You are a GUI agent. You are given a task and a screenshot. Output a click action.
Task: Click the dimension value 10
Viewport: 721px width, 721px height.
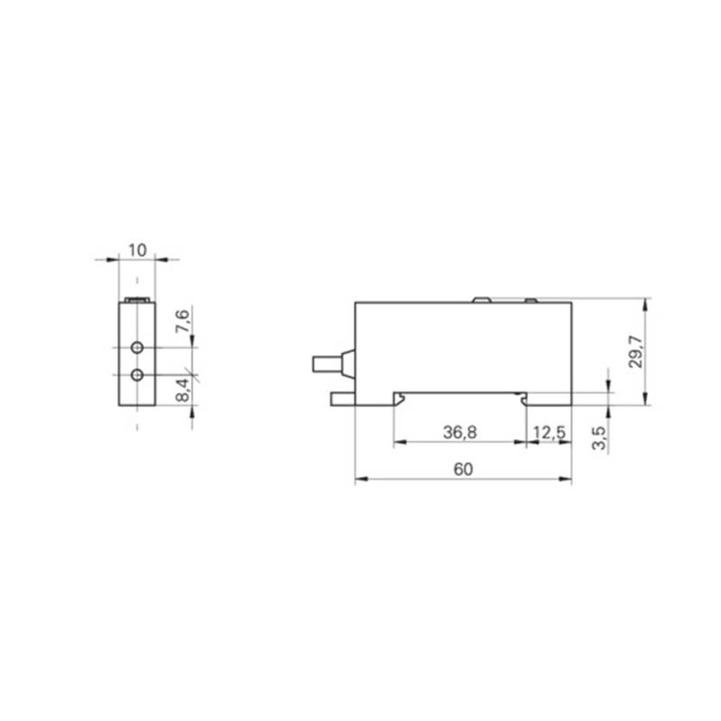[x=137, y=251]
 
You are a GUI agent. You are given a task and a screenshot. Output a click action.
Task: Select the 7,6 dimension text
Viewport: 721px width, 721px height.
[x=182, y=321]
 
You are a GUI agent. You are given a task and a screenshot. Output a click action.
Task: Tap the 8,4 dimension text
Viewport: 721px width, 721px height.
[x=182, y=390]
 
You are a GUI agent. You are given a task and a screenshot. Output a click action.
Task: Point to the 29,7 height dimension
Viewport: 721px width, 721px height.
[x=635, y=351]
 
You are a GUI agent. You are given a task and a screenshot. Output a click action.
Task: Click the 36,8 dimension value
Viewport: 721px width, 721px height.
[x=460, y=433]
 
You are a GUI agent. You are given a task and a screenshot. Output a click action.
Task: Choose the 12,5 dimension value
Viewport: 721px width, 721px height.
[x=549, y=433]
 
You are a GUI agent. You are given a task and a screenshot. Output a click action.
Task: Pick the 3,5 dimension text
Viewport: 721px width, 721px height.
[x=599, y=438]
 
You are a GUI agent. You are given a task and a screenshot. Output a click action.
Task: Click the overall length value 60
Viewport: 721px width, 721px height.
[x=463, y=470]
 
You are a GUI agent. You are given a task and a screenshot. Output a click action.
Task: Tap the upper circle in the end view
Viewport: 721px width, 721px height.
[x=137, y=348]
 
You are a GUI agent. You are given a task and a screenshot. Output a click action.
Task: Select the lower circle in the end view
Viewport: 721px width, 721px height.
[x=137, y=375]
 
